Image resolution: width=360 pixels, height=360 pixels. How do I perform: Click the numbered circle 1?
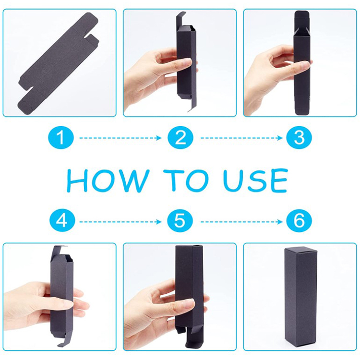[61, 138]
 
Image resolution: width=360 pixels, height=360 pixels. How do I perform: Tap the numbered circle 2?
[180, 138]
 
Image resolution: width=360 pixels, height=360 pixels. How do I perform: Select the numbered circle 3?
[299, 138]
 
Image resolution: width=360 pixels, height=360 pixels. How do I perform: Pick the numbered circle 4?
[62, 221]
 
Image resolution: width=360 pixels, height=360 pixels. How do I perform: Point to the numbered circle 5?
[180, 221]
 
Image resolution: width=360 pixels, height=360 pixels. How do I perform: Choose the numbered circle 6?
[299, 221]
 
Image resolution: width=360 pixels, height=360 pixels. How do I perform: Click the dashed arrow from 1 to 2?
[120, 138]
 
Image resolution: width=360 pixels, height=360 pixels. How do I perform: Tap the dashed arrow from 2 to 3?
[241, 138]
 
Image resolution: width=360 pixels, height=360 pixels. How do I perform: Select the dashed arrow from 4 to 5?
[120, 222]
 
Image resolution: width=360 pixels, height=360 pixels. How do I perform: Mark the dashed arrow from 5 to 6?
[241, 222]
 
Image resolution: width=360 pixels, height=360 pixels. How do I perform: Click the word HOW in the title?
[108, 180]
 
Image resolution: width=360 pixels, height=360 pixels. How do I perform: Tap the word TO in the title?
[186, 180]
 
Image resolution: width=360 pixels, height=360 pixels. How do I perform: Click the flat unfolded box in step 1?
[59, 63]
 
